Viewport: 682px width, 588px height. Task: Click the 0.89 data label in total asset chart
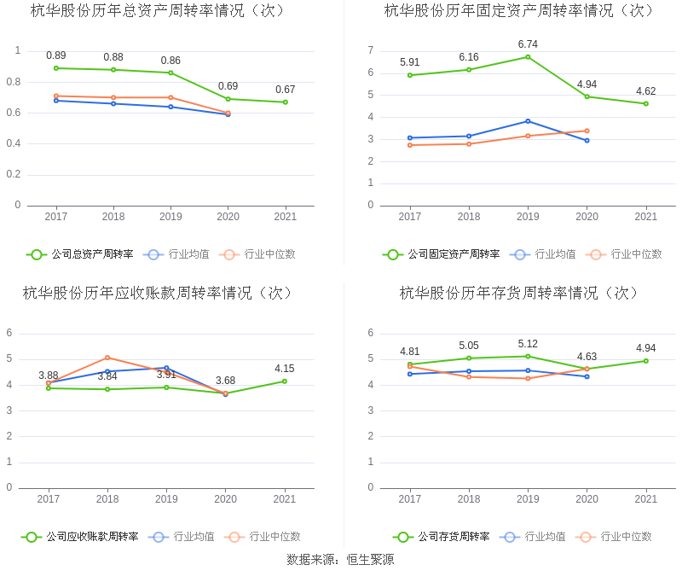click(x=56, y=55)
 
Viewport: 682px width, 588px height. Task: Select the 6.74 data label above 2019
click(x=528, y=44)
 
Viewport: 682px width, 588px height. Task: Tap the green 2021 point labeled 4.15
click(x=285, y=381)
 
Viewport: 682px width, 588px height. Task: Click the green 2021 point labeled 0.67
click(x=286, y=102)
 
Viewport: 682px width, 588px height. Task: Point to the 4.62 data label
click(x=646, y=91)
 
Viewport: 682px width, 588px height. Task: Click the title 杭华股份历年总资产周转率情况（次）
click(x=159, y=11)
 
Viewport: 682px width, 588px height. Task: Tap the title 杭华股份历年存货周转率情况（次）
click(x=520, y=293)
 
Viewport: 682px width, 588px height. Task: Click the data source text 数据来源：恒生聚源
click(x=340, y=560)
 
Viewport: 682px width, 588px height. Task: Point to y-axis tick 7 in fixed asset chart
click(x=371, y=50)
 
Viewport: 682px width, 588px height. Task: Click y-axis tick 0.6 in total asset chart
click(x=13, y=113)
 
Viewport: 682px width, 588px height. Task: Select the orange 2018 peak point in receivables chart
click(x=107, y=358)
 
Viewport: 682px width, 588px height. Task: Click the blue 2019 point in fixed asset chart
click(x=528, y=121)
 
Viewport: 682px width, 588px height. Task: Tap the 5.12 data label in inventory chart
click(x=528, y=344)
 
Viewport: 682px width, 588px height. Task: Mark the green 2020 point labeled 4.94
click(x=587, y=96)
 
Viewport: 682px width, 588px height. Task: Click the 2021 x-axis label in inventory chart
click(x=646, y=499)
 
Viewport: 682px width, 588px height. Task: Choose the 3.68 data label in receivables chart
click(x=225, y=381)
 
